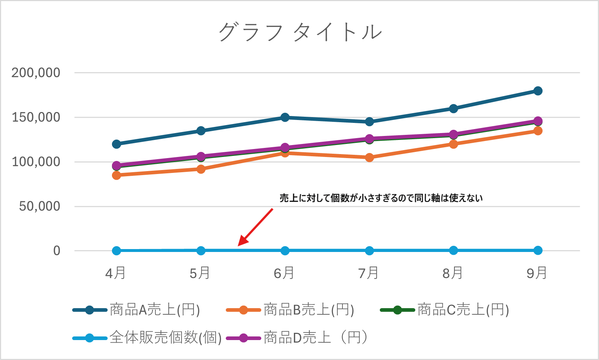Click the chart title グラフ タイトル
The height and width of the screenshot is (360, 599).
(x=300, y=32)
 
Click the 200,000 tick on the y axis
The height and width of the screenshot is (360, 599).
(x=36, y=73)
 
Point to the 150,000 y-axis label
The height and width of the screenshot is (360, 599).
(x=36, y=117)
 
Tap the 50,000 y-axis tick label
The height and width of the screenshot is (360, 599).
(x=39, y=206)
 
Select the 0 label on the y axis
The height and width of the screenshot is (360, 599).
(x=57, y=251)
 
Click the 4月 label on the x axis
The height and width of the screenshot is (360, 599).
(x=116, y=273)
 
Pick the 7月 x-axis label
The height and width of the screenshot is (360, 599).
(x=369, y=273)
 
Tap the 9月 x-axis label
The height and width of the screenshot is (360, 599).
(x=537, y=273)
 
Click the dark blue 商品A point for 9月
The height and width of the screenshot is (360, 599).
(x=538, y=91)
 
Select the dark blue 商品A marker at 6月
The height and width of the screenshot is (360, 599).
(x=285, y=117)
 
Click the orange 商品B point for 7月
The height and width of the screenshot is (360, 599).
(x=369, y=157)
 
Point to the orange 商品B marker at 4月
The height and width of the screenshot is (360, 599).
(x=116, y=175)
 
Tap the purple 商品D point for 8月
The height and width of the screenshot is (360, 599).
(x=453, y=135)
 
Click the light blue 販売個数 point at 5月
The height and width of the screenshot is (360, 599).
(x=201, y=251)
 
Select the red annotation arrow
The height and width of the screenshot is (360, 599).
(x=255, y=227)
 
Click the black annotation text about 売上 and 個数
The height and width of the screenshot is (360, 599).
(x=381, y=198)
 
